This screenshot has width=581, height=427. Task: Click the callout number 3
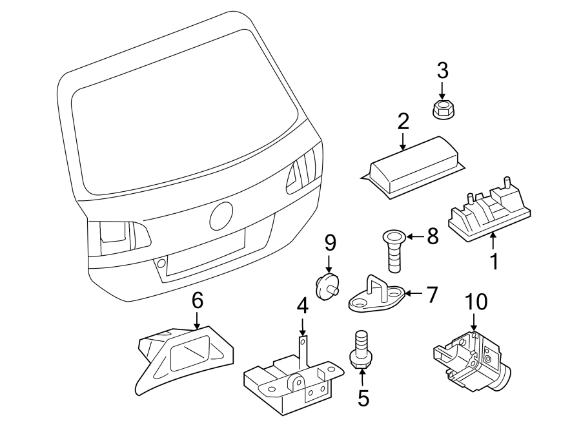pos(442,69)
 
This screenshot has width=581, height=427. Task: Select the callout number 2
pos(403,120)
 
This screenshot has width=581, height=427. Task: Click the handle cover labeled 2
pos(410,165)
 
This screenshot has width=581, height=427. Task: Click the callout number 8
pos(432,236)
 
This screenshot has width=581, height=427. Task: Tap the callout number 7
pos(432,295)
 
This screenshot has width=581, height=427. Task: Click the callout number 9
pos(330,243)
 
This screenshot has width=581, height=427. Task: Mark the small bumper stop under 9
pos(327,285)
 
